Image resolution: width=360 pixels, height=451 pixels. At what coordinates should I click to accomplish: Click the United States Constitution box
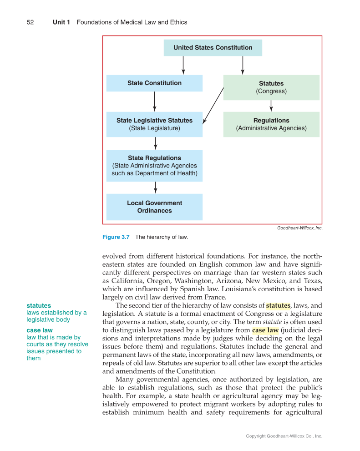[213, 48]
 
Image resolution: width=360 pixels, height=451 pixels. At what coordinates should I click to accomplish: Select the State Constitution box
[154, 83]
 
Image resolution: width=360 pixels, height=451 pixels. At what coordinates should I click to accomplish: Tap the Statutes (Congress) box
[271, 87]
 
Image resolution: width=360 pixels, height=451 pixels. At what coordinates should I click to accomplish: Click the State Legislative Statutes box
[154, 124]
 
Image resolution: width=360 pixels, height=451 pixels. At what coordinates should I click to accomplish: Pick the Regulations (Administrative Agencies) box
[271, 124]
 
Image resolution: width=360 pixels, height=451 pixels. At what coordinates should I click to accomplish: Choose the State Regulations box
[154, 166]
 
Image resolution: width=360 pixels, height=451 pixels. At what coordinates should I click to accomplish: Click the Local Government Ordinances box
[154, 207]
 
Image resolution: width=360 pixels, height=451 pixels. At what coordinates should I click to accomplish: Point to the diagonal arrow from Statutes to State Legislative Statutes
[213, 106]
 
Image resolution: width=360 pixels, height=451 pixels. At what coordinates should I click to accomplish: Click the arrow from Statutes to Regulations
[271, 106]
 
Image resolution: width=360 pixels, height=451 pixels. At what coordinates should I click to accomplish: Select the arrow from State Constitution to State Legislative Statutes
[155, 101]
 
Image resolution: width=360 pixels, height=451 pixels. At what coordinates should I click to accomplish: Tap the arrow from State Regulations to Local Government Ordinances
[156, 187]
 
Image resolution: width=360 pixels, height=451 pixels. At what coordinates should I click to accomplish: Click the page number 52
[30, 22]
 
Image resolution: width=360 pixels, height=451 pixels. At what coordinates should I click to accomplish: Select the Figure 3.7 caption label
[116, 237]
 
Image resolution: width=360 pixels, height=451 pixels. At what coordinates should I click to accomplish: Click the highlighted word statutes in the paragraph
[278, 305]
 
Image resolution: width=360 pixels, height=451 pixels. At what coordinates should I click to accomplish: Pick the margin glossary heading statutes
[39, 305]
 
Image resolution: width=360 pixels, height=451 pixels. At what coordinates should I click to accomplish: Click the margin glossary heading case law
[40, 330]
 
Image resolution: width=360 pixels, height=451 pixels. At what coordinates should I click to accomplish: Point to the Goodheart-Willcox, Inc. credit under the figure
[299, 228]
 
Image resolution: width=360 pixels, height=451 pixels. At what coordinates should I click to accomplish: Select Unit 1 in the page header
[61, 22]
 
